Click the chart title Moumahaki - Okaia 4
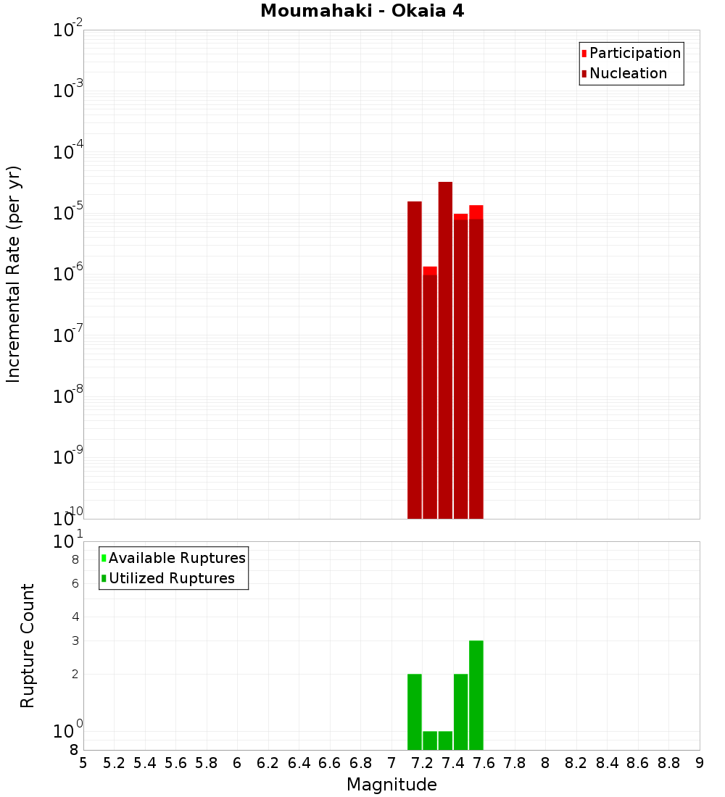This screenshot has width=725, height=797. tap(362, 12)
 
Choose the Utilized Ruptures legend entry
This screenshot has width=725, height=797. tap(171, 578)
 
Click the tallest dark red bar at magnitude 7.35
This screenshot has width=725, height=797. tap(445, 348)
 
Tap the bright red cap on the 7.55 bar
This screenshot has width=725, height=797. tap(476, 212)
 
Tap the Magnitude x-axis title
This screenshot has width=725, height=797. tap(391, 785)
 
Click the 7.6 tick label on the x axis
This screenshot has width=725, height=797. tap(484, 763)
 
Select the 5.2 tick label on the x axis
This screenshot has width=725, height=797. tap(114, 763)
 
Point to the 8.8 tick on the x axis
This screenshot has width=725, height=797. tap(668, 763)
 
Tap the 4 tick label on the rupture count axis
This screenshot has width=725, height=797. tap(75, 617)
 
